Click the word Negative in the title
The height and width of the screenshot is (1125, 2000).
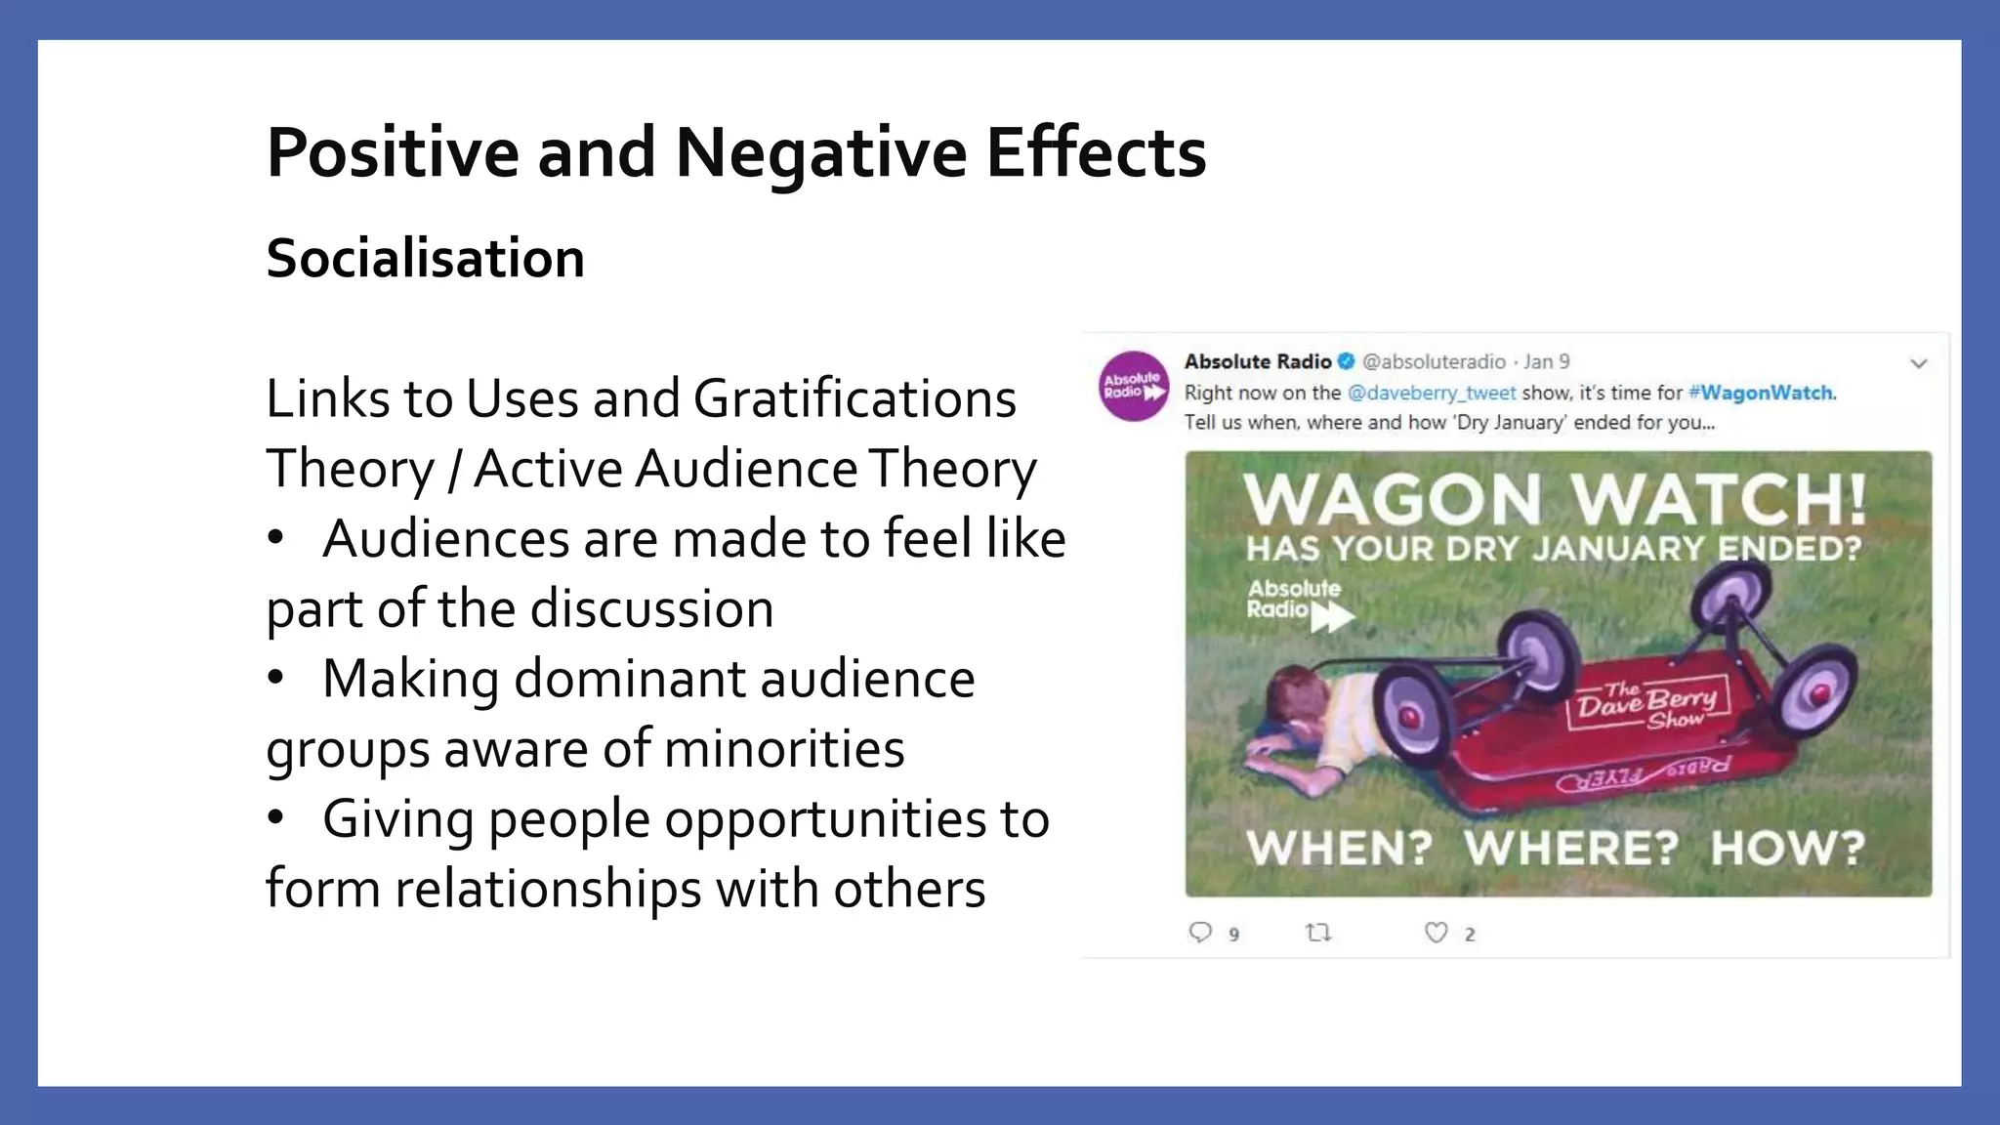pos(819,153)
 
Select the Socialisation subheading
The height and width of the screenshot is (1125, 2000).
pos(425,259)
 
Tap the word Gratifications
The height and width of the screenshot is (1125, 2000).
pos(854,398)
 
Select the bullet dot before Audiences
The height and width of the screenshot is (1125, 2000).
pos(276,538)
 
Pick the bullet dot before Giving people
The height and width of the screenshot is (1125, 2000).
pos(276,818)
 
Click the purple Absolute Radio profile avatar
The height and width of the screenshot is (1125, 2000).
pos(1133,387)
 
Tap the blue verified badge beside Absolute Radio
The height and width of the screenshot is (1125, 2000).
pos(1347,361)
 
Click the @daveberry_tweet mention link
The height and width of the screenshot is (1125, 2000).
pos(1431,393)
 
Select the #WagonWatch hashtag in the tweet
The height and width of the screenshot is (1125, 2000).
pos(1761,393)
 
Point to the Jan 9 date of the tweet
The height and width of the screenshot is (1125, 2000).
pos(1547,361)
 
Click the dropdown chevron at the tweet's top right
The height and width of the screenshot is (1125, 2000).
pos(1918,363)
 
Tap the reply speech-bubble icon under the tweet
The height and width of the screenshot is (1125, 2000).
pos(1200,933)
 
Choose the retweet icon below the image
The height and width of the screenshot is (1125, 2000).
pos(1318,933)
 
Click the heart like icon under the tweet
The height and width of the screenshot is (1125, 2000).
pos(1436,933)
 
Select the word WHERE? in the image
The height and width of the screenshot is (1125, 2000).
pos(1570,848)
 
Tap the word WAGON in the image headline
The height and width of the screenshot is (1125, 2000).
pos(1392,499)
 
